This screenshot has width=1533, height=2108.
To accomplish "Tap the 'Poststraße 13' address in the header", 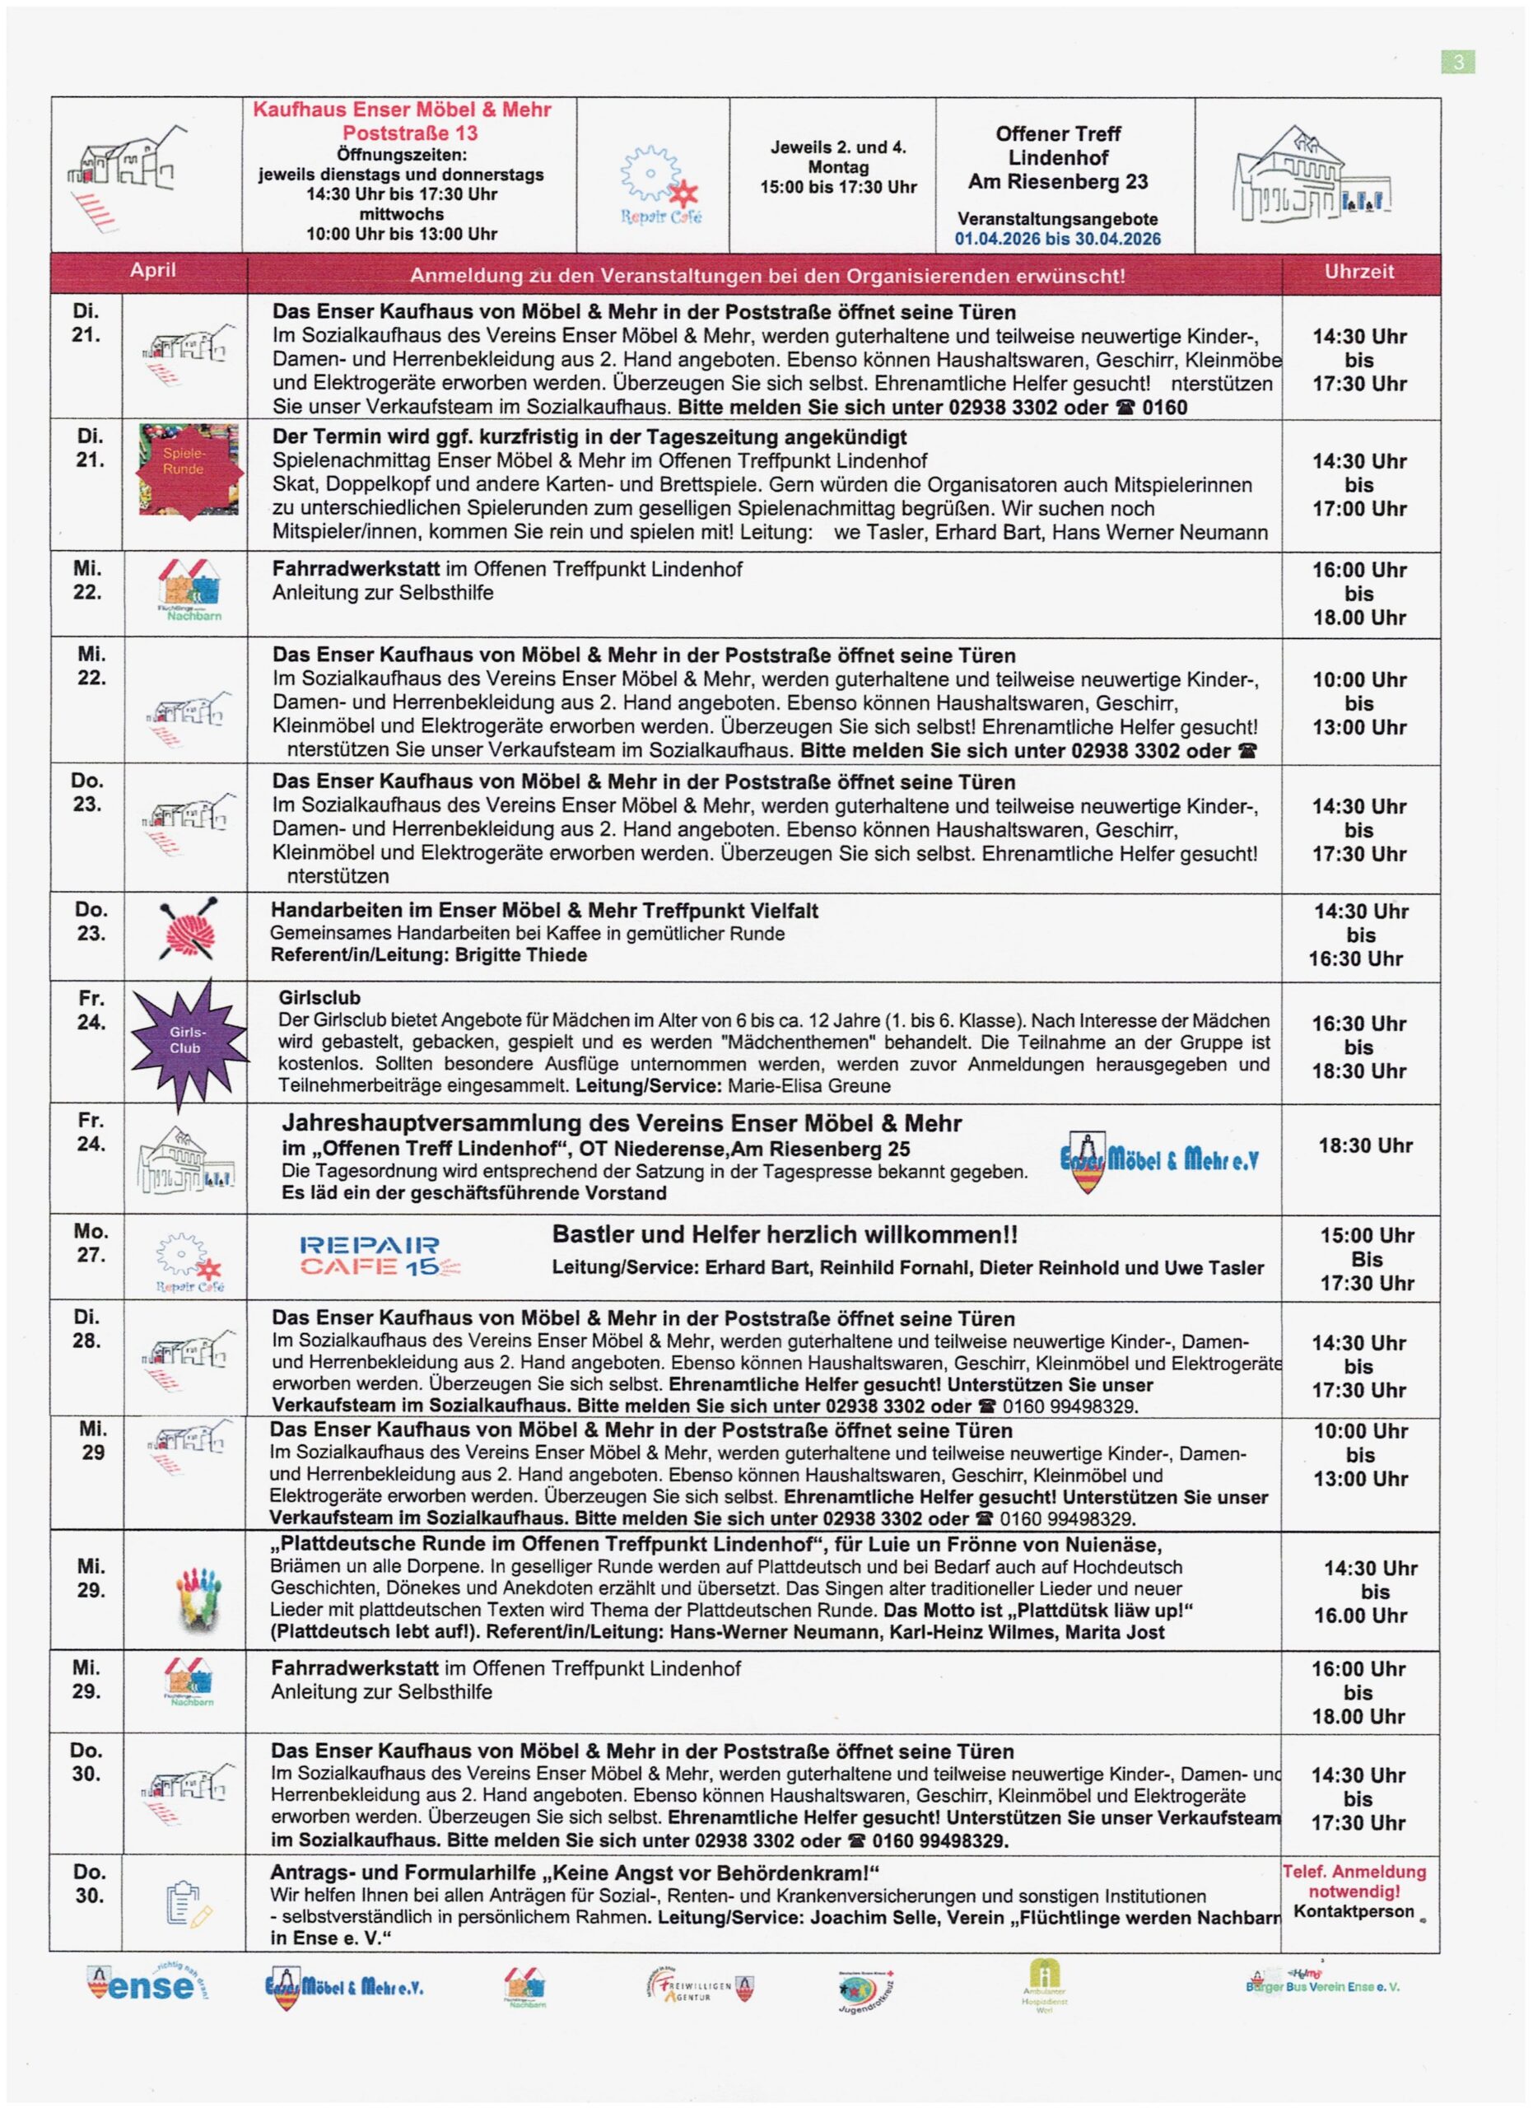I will click(x=410, y=133).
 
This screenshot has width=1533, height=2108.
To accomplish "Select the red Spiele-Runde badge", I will click(x=189, y=469).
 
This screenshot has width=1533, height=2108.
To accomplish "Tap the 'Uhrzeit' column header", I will click(x=1359, y=272).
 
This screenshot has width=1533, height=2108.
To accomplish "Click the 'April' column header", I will click(x=152, y=270).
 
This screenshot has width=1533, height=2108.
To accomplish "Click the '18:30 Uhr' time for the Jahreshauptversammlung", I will click(x=1365, y=1145).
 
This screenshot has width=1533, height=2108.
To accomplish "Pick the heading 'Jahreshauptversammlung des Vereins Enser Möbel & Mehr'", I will click(x=622, y=1123).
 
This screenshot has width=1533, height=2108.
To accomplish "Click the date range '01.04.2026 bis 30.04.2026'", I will click(x=1057, y=239).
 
